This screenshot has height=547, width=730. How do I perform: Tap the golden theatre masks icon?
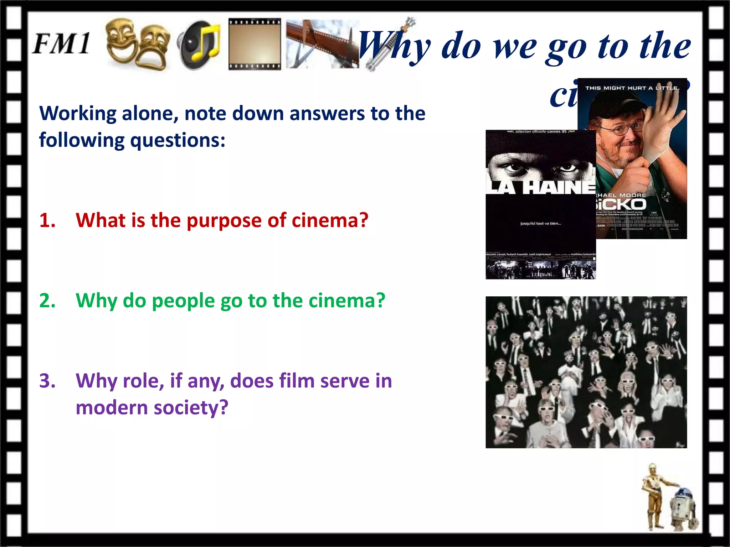point(137,44)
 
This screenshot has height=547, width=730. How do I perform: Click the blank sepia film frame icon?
point(255,44)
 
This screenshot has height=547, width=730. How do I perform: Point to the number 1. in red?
point(47,220)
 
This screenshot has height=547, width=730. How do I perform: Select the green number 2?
point(47,301)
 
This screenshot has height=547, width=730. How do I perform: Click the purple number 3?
point(47,381)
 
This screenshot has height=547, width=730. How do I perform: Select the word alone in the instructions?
point(149,114)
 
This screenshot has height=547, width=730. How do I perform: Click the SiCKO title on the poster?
point(621,204)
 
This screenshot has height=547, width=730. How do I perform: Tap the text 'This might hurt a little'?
point(632,88)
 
